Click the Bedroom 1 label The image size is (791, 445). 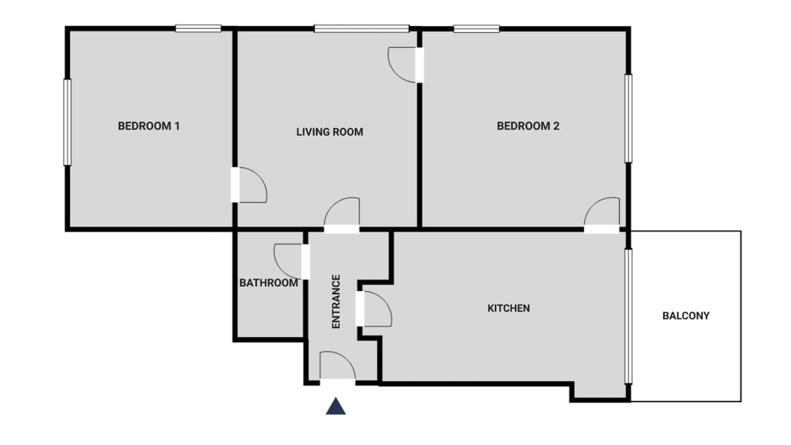(x=149, y=126)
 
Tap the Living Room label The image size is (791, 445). (x=329, y=132)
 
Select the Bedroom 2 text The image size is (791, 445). (x=528, y=126)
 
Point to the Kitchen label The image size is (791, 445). (x=509, y=308)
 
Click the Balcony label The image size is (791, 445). (x=686, y=316)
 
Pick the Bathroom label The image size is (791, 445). (x=269, y=283)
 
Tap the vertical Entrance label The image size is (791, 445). (x=336, y=302)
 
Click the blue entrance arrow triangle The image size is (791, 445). (x=336, y=406)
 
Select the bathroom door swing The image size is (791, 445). (x=288, y=261)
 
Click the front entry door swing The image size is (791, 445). (x=337, y=365)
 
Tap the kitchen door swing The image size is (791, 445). (x=378, y=308)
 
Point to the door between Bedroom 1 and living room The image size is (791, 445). (x=253, y=185)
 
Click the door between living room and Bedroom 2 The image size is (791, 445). (x=402, y=65)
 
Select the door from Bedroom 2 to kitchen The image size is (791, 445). (x=602, y=211)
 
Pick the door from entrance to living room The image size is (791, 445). (x=342, y=211)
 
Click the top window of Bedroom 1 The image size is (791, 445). (x=198, y=28)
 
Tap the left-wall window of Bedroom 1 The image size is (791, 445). (x=67, y=122)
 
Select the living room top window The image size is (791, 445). (x=362, y=28)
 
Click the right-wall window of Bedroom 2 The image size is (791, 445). (x=628, y=118)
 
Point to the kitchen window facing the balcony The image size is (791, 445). (x=628, y=316)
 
